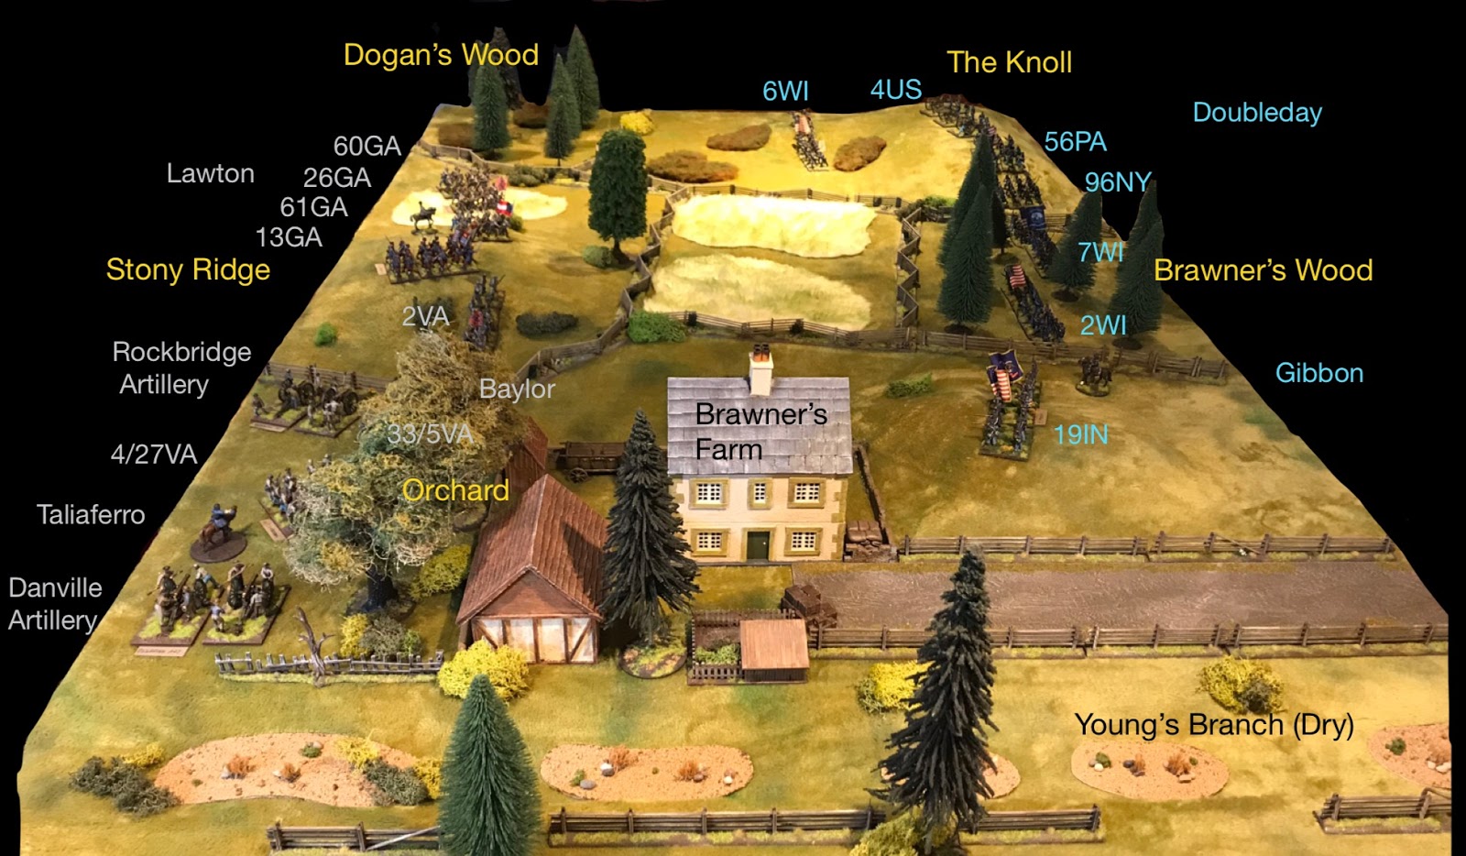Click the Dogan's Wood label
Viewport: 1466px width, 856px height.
pos(441,55)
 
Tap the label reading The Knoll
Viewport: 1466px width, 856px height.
pos(1009,62)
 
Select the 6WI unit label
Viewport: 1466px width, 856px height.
pos(785,92)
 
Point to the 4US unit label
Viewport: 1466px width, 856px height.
pos(895,90)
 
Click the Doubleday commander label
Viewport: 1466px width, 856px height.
pos(1257,113)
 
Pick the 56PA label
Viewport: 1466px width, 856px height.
pos(1075,142)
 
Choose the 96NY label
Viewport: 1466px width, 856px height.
pos(1117,182)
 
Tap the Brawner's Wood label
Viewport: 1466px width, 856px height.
pos(1263,270)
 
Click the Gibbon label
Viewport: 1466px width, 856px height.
pos(1319,373)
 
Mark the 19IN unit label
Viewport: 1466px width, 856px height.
pos(1080,434)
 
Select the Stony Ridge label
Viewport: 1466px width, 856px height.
pos(188,269)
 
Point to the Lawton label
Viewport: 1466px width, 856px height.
pos(210,173)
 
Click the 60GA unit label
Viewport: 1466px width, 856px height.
pos(366,146)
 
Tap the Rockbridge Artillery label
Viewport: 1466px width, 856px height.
pos(181,368)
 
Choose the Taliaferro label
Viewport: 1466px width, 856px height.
pos(91,514)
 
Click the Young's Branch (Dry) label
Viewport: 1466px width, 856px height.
pos(1213,725)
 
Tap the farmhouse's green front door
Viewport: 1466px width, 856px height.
pos(757,544)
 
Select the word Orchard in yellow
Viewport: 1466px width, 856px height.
pos(455,490)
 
